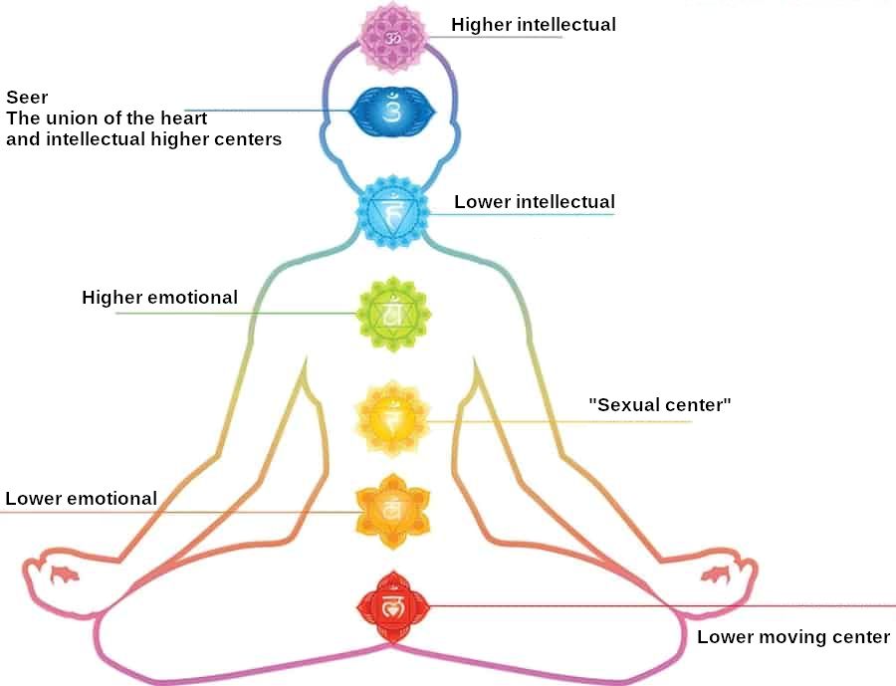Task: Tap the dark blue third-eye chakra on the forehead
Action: (391, 112)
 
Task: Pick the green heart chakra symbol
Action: (392, 315)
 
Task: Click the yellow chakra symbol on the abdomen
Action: (392, 418)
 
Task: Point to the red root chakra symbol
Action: (392, 604)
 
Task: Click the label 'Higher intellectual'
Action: (534, 24)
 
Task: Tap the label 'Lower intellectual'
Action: (535, 202)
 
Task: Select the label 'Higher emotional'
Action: (159, 297)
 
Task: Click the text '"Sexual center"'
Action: (660, 404)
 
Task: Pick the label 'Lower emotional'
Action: (81, 498)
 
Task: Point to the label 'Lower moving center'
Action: (793, 637)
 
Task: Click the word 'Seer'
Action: (27, 98)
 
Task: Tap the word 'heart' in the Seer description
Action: (183, 118)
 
